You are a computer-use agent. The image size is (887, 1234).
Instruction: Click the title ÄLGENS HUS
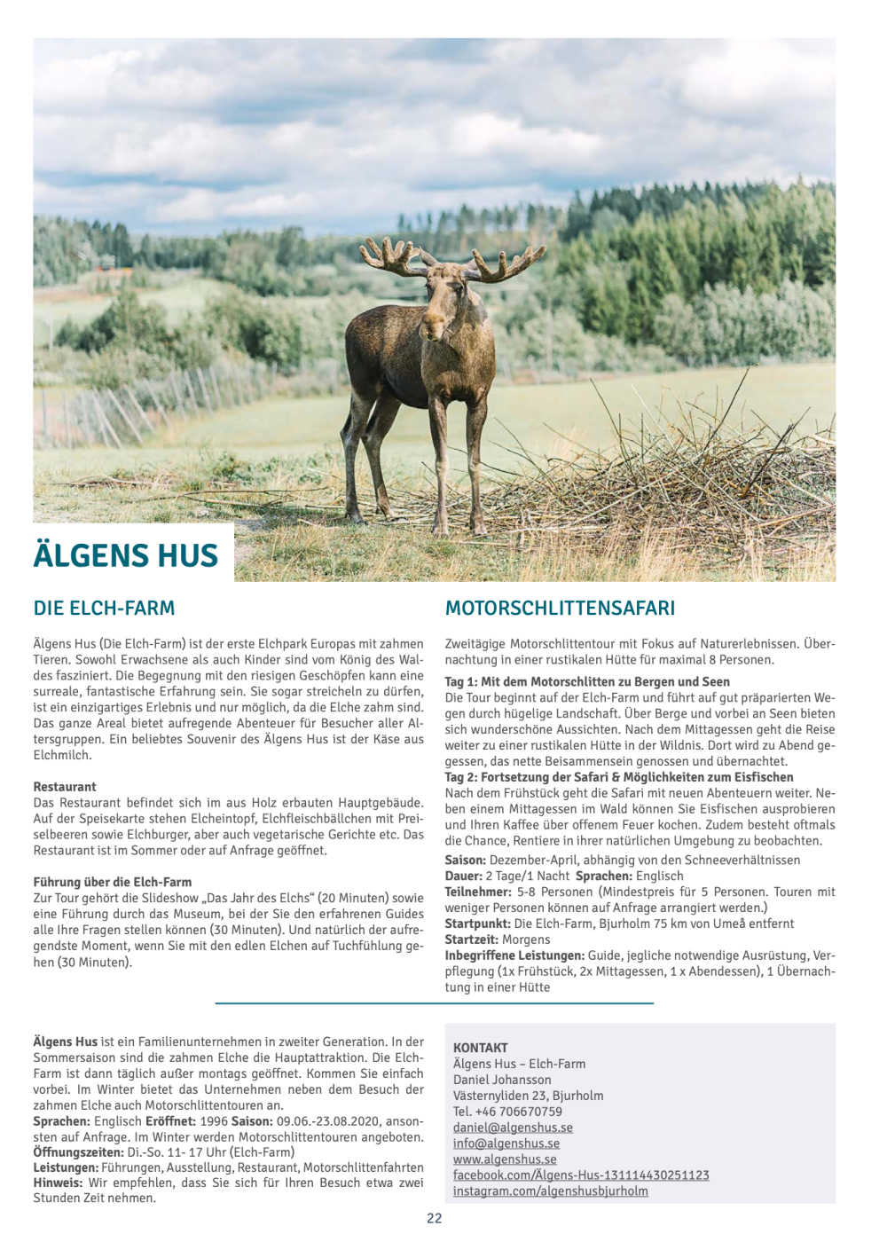pos(126,554)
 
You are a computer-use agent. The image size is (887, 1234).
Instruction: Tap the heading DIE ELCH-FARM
pos(104,609)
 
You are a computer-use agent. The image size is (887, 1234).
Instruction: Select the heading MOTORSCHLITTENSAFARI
pos(560,609)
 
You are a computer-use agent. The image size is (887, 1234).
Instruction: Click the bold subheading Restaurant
pos(65,787)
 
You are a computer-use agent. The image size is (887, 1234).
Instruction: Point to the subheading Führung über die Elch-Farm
pos(113,883)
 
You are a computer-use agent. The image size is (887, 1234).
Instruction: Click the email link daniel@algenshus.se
pos(513,1128)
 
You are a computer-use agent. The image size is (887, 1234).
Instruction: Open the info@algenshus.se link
pos(506,1144)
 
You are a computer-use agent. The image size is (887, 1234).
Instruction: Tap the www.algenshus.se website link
pos(505,1159)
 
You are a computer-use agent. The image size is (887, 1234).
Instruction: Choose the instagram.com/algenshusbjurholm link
pos(550,1191)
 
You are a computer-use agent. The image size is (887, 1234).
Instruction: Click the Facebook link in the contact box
pos(581,1175)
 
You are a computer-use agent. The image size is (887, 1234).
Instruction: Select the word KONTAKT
pos(481,1048)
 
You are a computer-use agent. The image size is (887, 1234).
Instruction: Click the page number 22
pos(435,1218)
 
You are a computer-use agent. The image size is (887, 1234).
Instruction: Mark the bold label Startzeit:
pos(472,939)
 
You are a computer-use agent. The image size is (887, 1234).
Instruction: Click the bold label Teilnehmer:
pos(478,892)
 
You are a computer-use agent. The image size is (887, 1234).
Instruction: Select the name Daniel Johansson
pos(502,1080)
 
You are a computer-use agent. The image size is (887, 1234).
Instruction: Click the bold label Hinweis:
pos(59,1183)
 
